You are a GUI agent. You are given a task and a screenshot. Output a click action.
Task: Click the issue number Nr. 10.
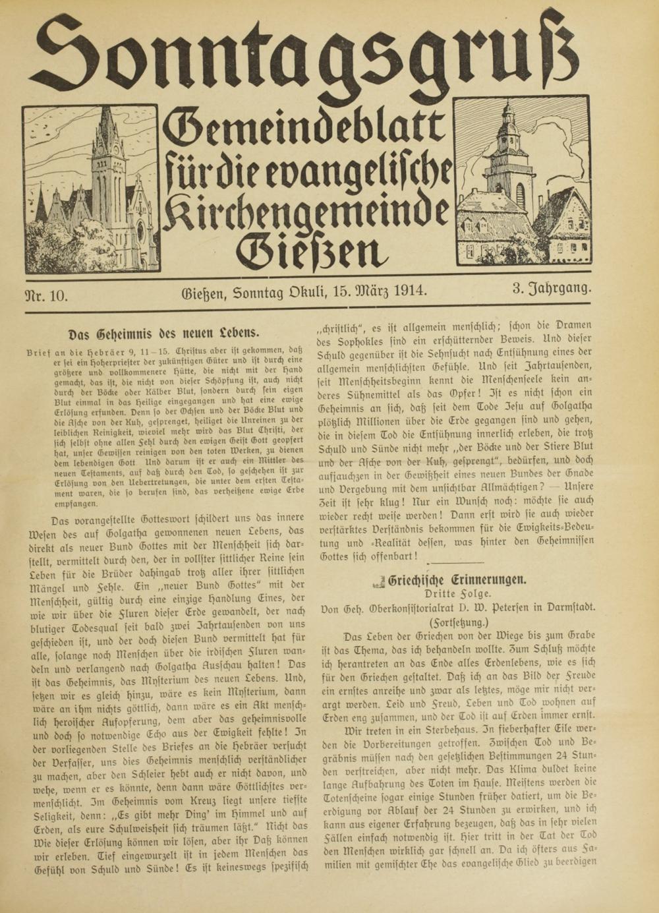point(45,295)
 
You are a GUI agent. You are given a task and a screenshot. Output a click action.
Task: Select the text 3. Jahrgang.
point(552,288)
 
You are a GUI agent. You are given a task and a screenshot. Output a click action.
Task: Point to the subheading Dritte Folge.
point(458,595)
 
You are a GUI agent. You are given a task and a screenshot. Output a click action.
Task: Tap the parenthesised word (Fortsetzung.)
point(458,622)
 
